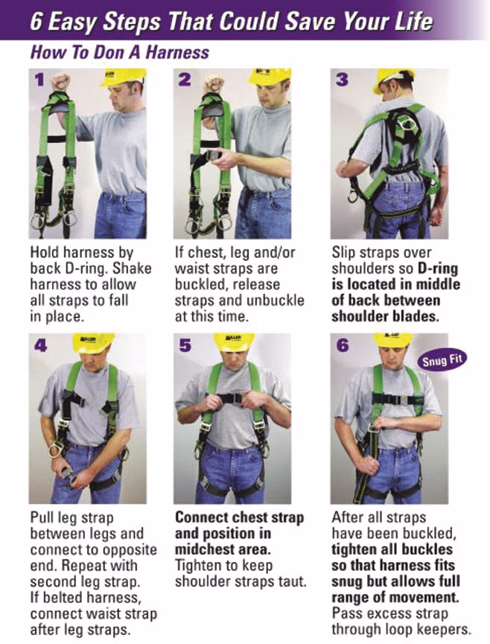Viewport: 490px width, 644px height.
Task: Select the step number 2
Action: tap(185, 80)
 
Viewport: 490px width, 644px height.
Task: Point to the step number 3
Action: tap(342, 80)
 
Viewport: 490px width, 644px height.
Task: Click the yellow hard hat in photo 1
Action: tap(123, 76)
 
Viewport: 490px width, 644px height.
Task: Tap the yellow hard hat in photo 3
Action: tap(394, 78)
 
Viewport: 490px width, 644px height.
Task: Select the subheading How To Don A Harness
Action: tap(119, 53)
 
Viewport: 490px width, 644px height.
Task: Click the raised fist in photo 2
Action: tap(214, 81)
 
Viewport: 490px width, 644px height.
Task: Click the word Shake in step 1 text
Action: tap(133, 268)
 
